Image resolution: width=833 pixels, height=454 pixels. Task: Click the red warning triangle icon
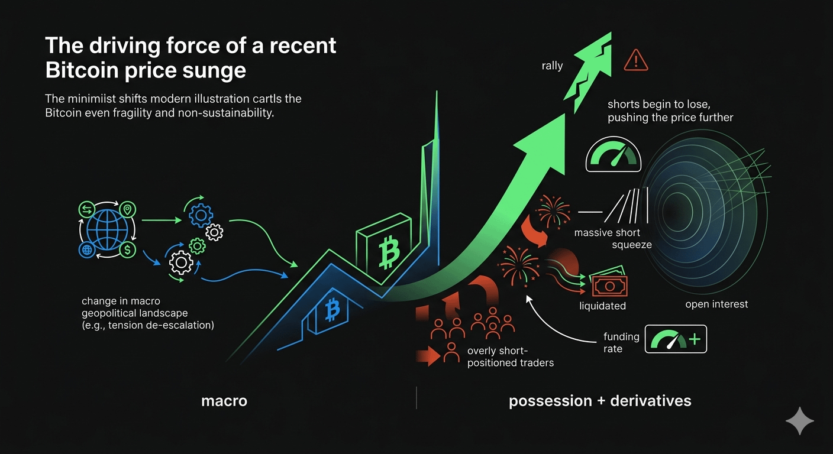coord(636,60)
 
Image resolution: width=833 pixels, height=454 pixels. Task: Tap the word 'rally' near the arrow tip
coord(552,66)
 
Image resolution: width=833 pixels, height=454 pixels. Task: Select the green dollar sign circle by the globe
coord(128,249)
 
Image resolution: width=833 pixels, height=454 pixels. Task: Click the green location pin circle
coord(128,210)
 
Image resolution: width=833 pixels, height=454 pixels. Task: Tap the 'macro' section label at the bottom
coord(224,401)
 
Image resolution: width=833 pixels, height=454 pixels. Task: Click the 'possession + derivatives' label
coord(600,401)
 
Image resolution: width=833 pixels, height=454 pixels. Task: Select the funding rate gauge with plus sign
coord(676,339)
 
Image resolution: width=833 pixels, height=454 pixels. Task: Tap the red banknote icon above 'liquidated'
coord(609,286)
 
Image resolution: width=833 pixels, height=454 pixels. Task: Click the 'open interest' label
coord(716,304)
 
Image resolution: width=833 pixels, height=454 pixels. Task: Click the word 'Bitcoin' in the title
coord(79,70)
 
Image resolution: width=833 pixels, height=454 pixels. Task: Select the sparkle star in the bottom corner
coord(799,421)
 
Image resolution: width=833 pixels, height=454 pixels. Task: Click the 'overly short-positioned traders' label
coord(510,356)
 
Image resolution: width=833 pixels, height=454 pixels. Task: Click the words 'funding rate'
coord(621,343)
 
